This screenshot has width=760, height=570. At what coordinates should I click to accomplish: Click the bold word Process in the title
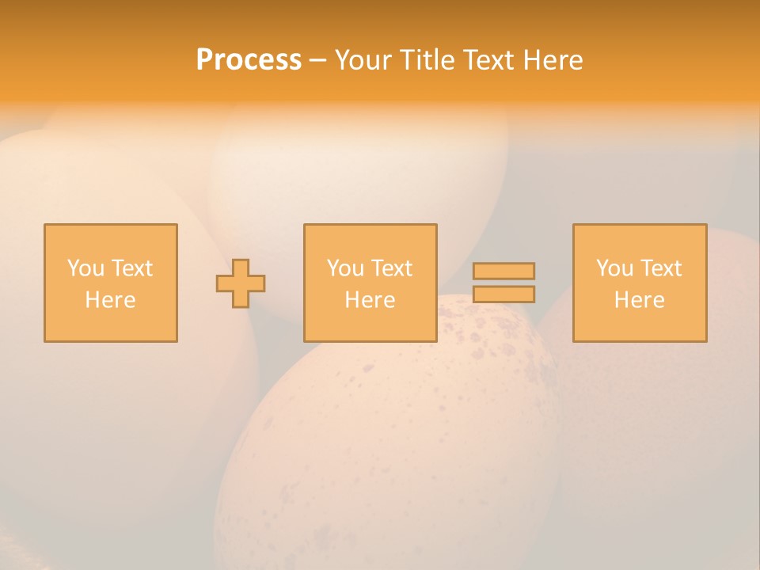[249, 60]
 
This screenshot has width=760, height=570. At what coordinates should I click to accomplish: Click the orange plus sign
[241, 283]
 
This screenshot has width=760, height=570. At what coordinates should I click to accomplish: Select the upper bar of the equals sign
[503, 271]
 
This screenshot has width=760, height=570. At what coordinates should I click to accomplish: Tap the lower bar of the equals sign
[503, 294]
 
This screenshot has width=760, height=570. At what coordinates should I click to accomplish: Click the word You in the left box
[85, 268]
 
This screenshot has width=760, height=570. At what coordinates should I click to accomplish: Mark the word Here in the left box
[110, 300]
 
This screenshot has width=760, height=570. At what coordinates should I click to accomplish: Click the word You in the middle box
[345, 268]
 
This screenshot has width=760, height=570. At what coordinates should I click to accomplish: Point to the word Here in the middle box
[370, 300]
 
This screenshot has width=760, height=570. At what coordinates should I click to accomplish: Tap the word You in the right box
[614, 268]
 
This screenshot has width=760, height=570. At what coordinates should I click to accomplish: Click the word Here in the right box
[639, 300]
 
